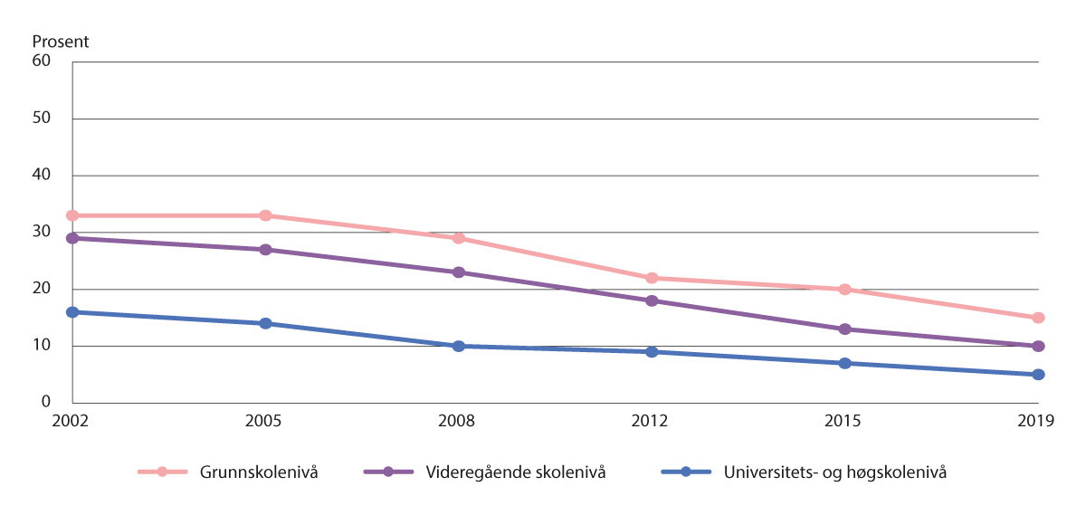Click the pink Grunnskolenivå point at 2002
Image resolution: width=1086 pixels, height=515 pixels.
[x=72, y=215]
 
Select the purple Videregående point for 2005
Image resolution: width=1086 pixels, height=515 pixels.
[x=265, y=250]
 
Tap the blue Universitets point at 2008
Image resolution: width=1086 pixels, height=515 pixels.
[x=458, y=346]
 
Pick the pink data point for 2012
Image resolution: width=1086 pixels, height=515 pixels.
[x=652, y=278]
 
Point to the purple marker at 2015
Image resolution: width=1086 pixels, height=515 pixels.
[x=844, y=329]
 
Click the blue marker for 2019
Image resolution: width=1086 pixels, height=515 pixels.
[x=1038, y=375]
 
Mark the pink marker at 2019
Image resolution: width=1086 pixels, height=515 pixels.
[x=1038, y=318]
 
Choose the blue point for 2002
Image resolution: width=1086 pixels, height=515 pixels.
[x=72, y=312]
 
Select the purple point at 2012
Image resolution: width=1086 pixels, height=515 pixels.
[x=652, y=300]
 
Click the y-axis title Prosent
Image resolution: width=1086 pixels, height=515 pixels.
[x=61, y=43]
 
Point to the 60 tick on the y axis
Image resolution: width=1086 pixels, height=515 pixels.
[x=42, y=62]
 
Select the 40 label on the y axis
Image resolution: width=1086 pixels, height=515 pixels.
[x=42, y=176]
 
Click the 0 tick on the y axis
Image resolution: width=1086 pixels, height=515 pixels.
[x=46, y=403]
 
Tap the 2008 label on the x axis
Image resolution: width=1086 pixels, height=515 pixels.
[x=458, y=421]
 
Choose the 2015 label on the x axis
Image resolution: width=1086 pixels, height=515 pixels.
[x=844, y=421]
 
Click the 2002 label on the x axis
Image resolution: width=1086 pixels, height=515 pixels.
[x=72, y=421]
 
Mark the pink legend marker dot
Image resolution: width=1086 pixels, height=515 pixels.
[x=163, y=472]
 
